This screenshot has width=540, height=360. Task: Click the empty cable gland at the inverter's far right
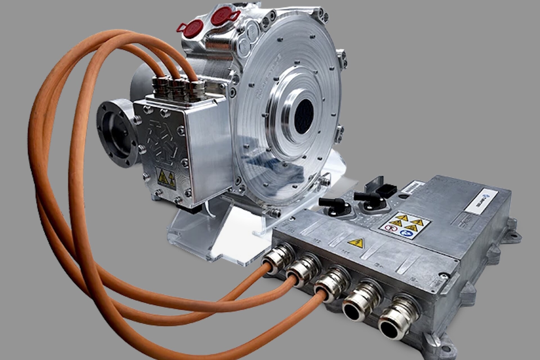[x=394, y=318]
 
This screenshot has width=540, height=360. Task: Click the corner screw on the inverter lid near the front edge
[x=444, y=274]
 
